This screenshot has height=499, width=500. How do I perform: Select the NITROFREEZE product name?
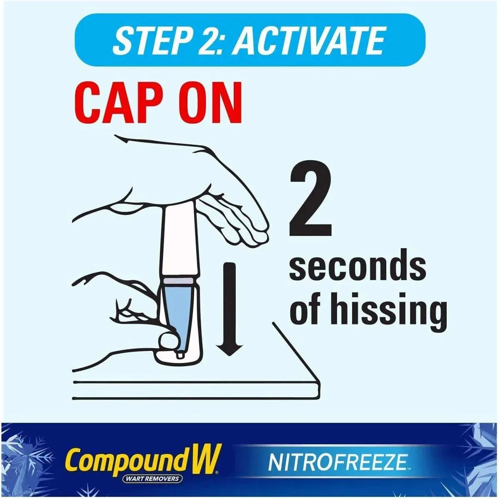point(337,462)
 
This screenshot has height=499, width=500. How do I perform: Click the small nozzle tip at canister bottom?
point(180,355)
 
